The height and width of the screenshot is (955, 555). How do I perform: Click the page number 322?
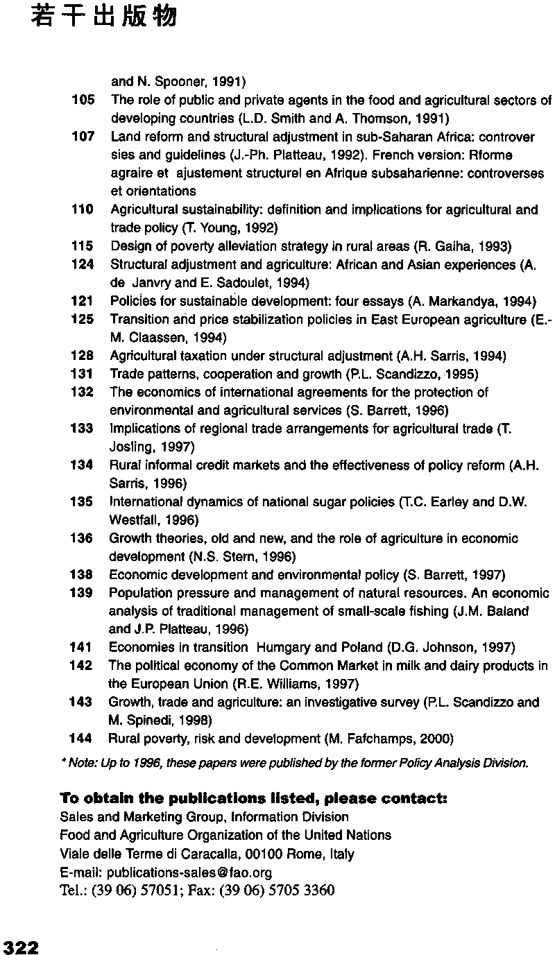click(20, 947)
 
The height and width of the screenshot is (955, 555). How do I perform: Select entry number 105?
click(83, 101)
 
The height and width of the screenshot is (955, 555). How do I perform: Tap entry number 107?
click(83, 137)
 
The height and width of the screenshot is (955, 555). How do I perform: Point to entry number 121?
click(83, 301)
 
